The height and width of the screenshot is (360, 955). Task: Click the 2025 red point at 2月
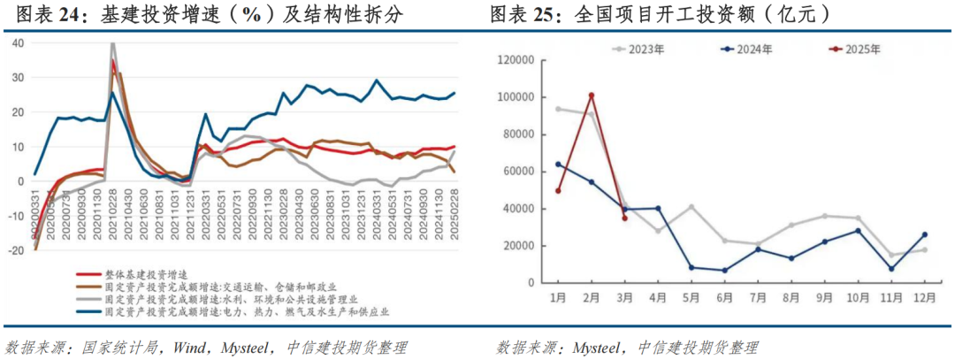point(591,96)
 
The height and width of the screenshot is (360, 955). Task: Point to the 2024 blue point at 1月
point(558,164)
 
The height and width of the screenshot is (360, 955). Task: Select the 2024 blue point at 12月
point(924,234)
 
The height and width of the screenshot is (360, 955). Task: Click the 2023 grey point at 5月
point(691,207)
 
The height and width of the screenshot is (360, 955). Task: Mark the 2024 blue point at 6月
point(725,271)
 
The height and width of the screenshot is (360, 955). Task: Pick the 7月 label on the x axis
point(758,295)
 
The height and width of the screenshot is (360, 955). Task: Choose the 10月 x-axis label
point(857,295)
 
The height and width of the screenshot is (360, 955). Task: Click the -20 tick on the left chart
point(17,250)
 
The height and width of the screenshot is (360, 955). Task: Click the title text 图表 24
point(41,14)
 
